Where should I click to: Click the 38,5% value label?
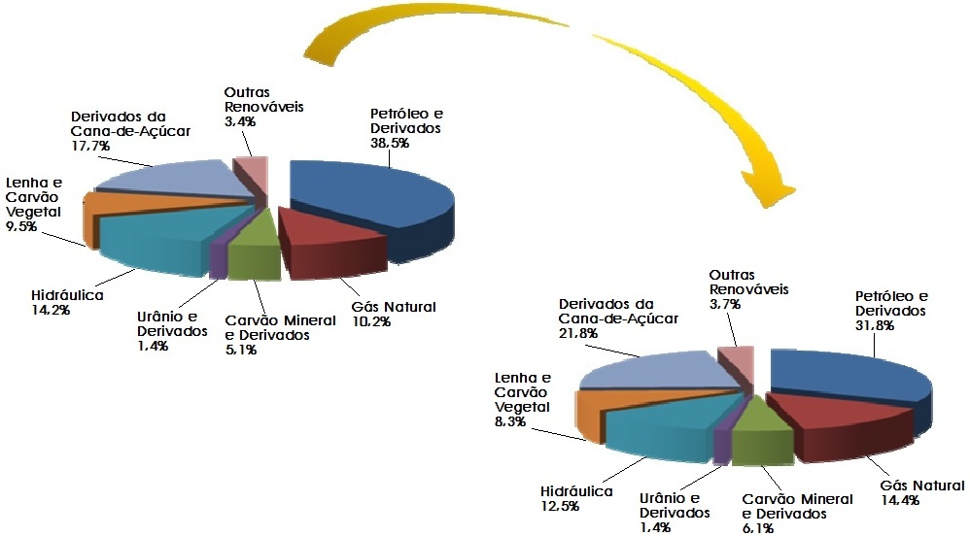(389, 142)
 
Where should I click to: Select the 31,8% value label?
(874, 324)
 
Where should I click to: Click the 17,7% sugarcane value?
(89, 145)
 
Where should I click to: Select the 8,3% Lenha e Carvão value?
(513, 422)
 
